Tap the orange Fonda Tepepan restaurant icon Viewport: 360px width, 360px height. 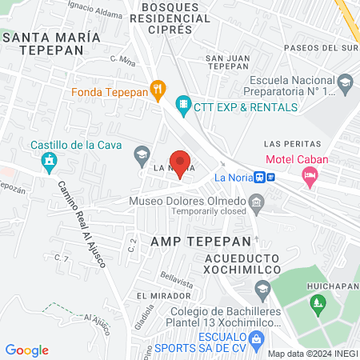click(x=158, y=90)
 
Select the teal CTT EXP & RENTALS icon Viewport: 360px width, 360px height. click(x=183, y=105)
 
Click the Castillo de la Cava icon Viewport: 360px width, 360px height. click(x=50, y=162)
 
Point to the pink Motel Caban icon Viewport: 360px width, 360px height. click(x=309, y=176)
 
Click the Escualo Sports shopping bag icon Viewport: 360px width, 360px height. click(x=256, y=339)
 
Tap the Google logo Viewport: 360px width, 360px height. click(x=27, y=350)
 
